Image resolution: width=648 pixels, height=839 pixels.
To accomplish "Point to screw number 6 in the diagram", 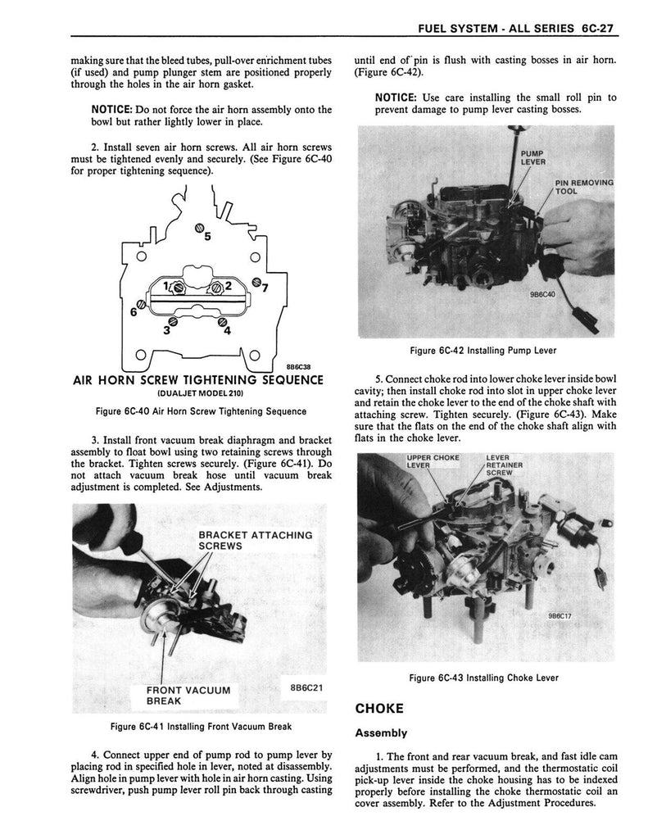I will [x=142, y=305].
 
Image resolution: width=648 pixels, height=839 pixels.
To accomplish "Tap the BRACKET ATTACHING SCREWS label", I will [x=256, y=540].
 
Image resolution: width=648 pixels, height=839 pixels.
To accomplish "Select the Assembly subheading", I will [x=381, y=733].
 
